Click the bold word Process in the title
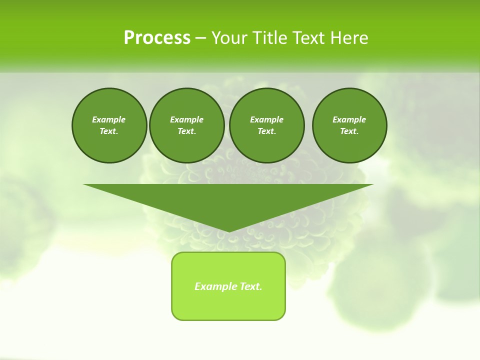coord(157,38)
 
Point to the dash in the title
coord(200,38)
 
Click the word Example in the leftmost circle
coord(109,119)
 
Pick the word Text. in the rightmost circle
coord(349,131)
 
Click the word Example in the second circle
coord(186,119)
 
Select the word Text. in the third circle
coord(266,131)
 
